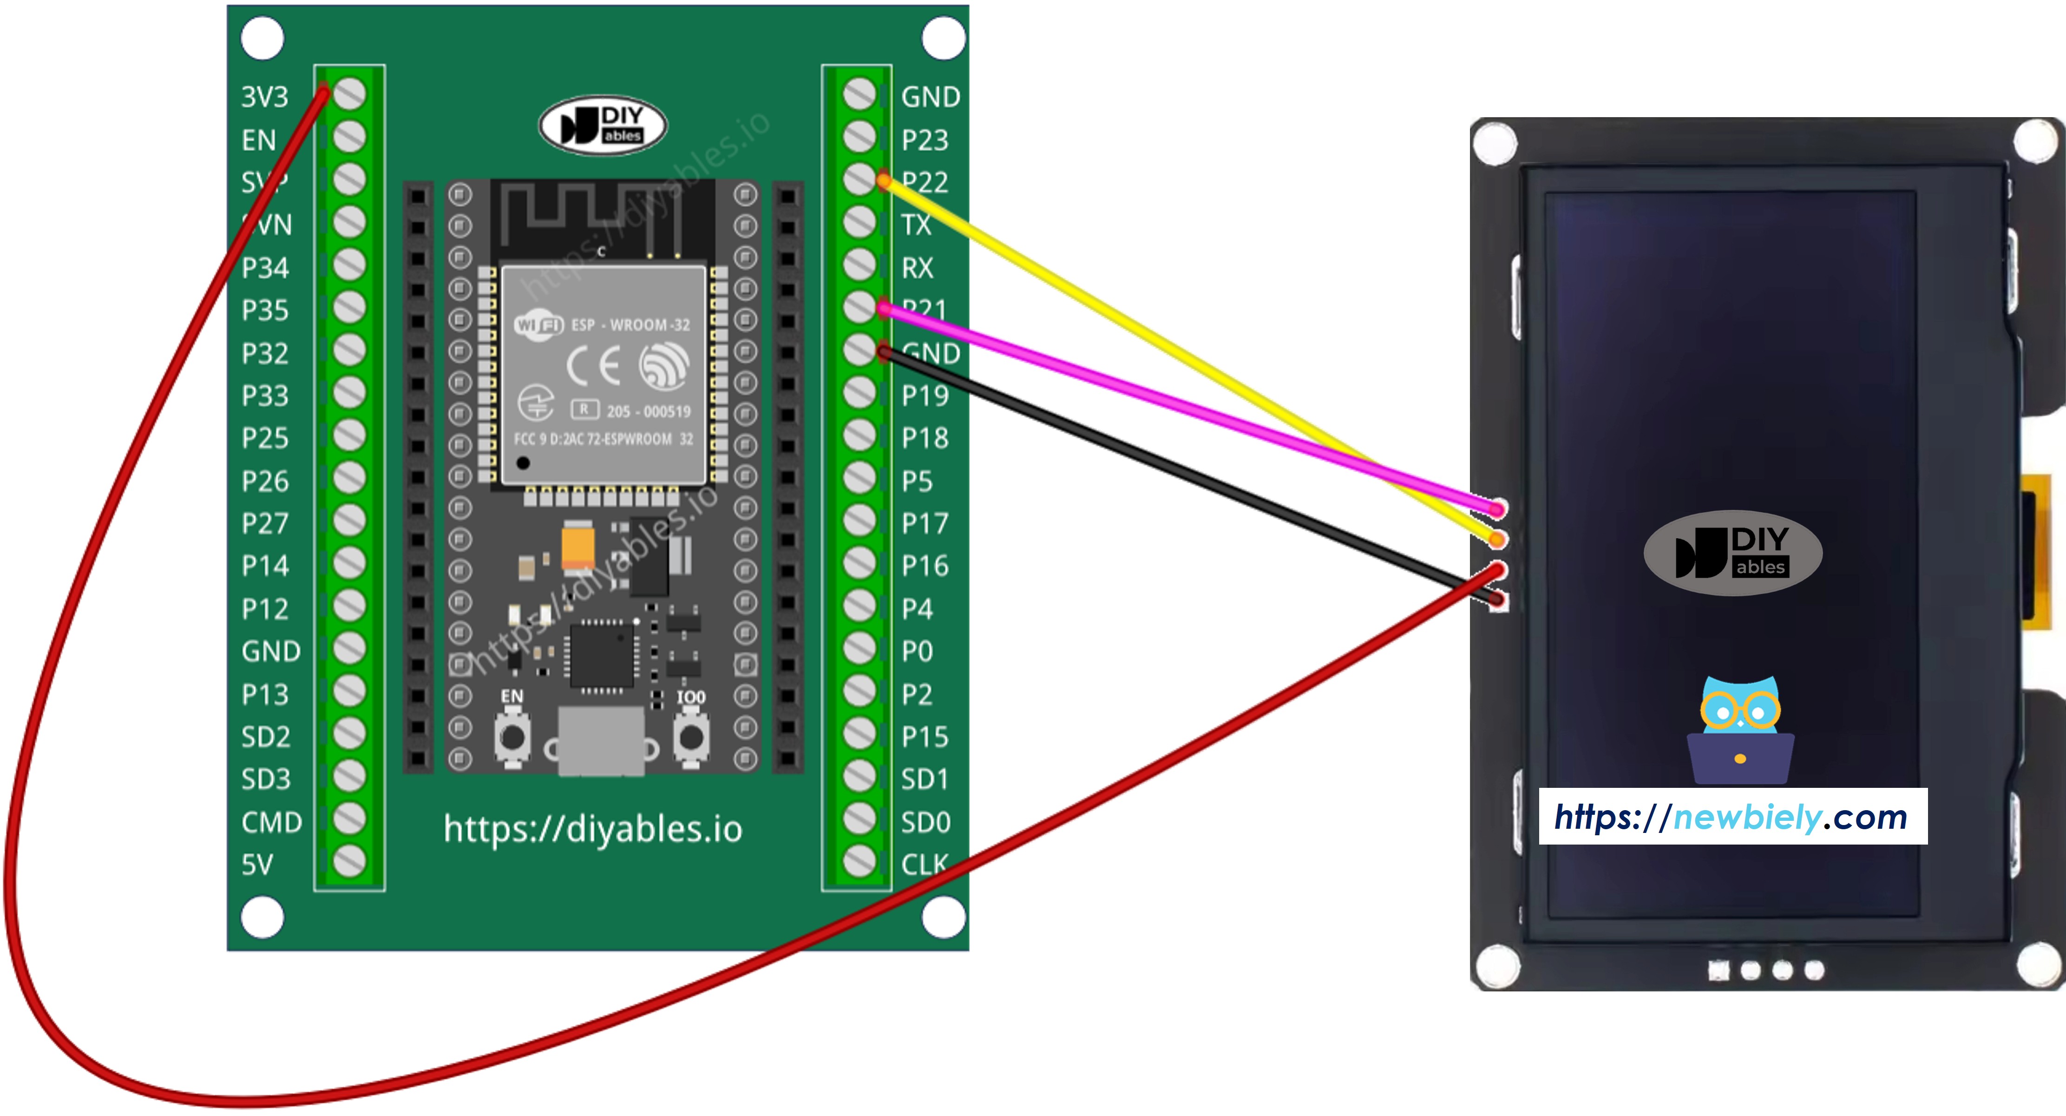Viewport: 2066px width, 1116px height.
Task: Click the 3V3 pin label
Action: coord(265,97)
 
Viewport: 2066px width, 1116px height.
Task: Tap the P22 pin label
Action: coord(926,183)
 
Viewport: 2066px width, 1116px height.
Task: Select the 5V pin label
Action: coord(257,865)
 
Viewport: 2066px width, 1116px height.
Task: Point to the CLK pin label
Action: coord(925,865)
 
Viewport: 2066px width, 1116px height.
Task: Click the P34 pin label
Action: coord(265,268)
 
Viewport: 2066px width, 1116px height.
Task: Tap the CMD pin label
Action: coord(271,822)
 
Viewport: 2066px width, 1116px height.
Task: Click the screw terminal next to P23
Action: coord(859,137)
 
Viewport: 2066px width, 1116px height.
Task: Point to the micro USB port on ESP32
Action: coord(601,742)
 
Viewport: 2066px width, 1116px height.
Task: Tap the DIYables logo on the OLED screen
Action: coord(1732,553)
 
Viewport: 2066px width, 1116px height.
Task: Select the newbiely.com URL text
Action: coord(1732,817)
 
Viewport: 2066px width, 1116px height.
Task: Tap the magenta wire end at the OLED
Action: coord(1496,508)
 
